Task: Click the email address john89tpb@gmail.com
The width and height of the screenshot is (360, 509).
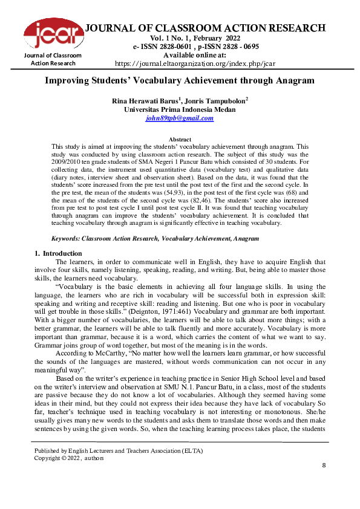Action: [x=180, y=118]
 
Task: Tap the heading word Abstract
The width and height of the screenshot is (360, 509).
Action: [x=180, y=140]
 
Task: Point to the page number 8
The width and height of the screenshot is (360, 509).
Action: [x=324, y=465]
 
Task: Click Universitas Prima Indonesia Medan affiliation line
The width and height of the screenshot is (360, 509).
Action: [x=180, y=109]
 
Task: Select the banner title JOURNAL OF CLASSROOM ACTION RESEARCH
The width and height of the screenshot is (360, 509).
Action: [x=206, y=28]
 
